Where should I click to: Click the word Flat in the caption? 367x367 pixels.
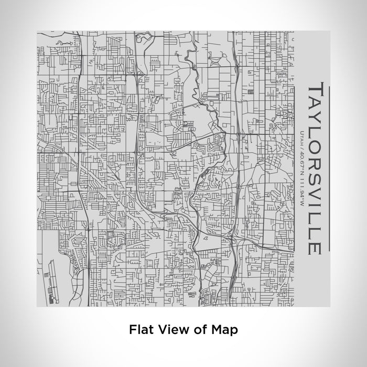tap(139, 330)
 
